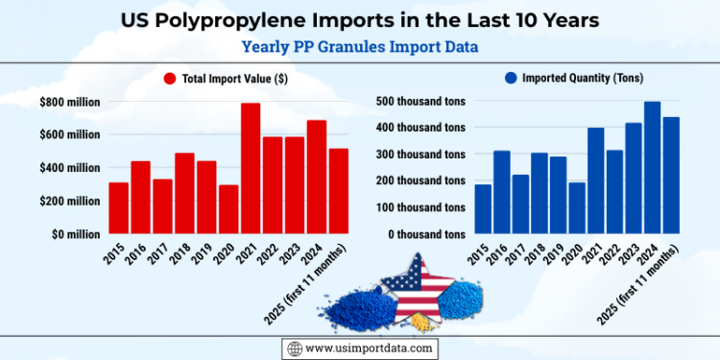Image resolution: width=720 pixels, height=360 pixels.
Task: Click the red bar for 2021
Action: pos(251,169)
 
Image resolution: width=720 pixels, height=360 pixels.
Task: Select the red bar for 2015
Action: pos(118,208)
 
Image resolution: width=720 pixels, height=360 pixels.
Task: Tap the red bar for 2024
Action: pos(317,178)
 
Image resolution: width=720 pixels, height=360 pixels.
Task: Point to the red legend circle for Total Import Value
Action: pos(170,80)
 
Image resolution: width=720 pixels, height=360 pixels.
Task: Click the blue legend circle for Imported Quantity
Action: pos(512,80)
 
